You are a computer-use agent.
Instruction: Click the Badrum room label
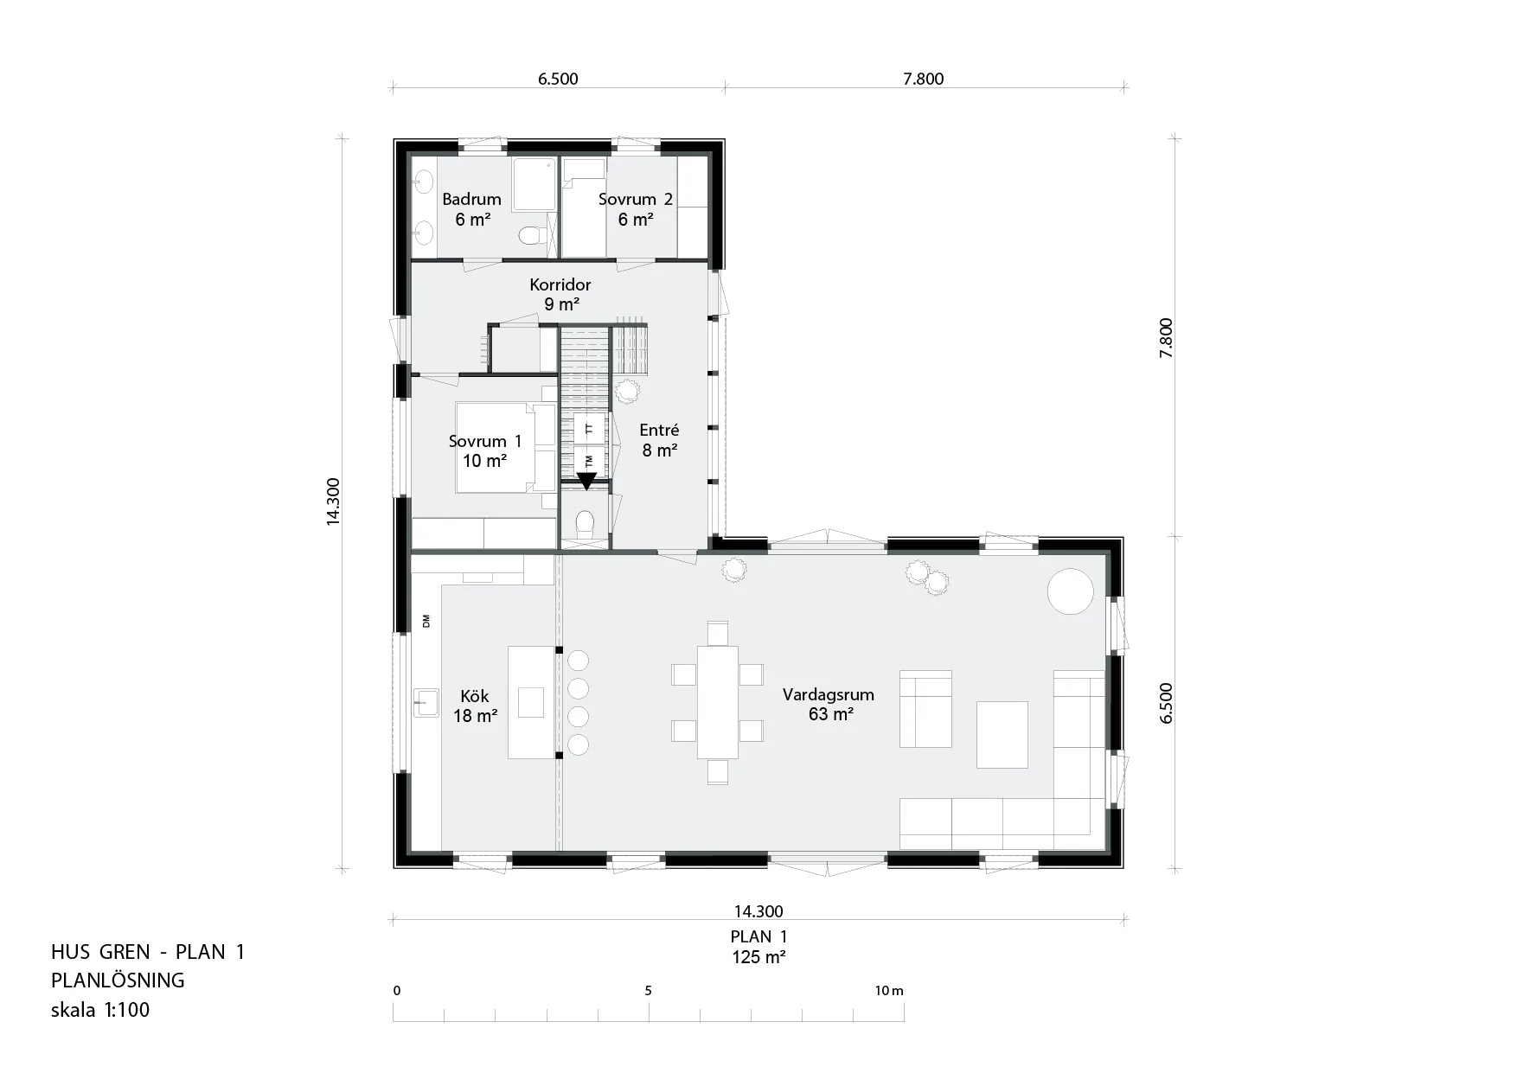click(x=471, y=209)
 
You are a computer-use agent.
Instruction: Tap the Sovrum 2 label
click(x=636, y=209)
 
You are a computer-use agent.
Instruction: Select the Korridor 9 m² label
click(x=560, y=294)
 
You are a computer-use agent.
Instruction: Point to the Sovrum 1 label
click(x=485, y=451)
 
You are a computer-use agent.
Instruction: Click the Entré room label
click(x=659, y=440)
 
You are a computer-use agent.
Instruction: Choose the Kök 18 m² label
click(x=475, y=706)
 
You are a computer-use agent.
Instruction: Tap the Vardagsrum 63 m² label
click(x=829, y=704)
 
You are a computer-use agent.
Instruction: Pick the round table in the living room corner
click(x=1071, y=591)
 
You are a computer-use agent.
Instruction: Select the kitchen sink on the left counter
click(x=427, y=702)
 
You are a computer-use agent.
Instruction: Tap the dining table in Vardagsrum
click(x=718, y=702)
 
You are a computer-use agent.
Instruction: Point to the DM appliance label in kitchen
click(x=426, y=621)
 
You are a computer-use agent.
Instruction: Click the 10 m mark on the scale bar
click(x=888, y=991)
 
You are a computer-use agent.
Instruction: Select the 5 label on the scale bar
click(x=649, y=991)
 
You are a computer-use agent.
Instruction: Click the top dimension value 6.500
click(x=558, y=80)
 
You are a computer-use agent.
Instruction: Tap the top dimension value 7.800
click(x=924, y=80)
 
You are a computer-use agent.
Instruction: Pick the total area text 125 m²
click(x=758, y=957)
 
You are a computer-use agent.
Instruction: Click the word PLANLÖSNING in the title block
click(x=118, y=980)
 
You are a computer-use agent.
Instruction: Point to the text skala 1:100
click(x=100, y=1010)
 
